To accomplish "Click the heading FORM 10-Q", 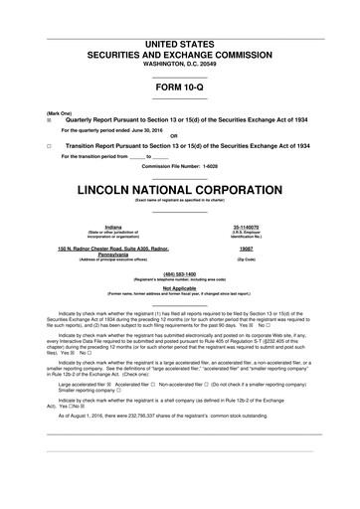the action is pyautogui.click(x=179, y=87).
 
